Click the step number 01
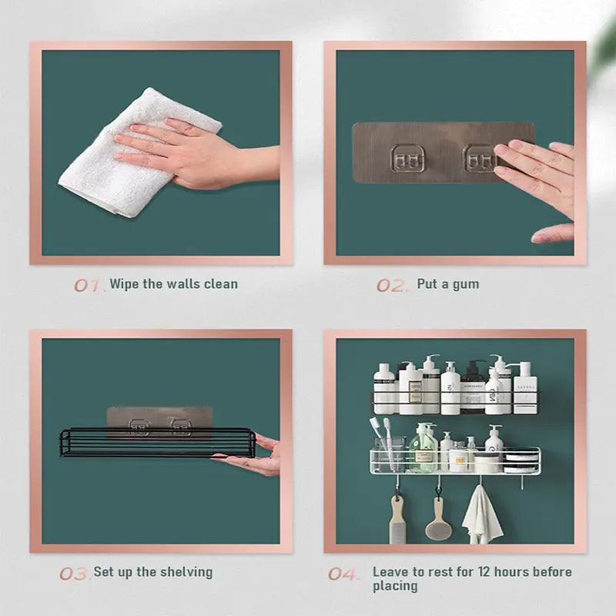pyautogui.click(x=89, y=285)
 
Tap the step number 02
pyautogui.click(x=392, y=285)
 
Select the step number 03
pyautogui.click(x=74, y=574)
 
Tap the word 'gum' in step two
pyautogui.click(x=465, y=284)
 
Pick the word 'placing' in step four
pyautogui.click(x=395, y=586)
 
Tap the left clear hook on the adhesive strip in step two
pyautogui.click(x=405, y=158)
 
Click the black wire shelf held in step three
pyautogui.click(x=154, y=443)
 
